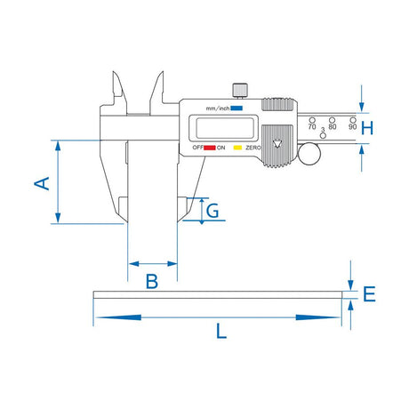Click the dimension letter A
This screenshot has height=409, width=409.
(42, 183)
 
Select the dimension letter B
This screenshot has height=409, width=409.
(152, 282)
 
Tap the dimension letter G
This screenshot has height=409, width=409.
(213, 211)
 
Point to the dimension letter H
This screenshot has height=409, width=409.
(367, 128)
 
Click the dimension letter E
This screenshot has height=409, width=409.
(369, 294)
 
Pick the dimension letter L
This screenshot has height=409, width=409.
(221, 331)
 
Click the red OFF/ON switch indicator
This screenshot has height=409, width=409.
(210, 148)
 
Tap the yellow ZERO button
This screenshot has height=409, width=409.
(237, 148)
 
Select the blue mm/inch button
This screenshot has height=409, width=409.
(237, 108)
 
